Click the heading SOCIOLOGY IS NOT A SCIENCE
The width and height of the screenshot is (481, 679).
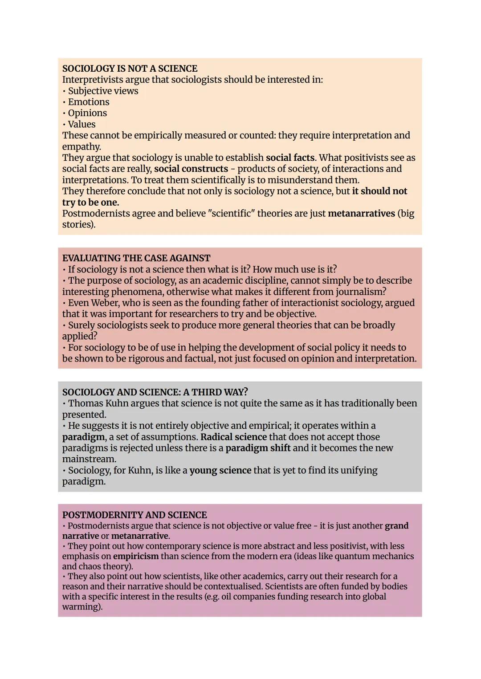[x=130, y=69]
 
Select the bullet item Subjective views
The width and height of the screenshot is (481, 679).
[x=103, y=91]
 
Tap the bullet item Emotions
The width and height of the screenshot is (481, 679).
[x=89, y=102]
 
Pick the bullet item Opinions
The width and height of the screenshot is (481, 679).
[x=87, y=113]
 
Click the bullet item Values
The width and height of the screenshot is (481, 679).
[x=82, y=124]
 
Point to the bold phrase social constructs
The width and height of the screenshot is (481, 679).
[x=191, y=169]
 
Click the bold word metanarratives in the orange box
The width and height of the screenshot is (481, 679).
[x=361, y=213]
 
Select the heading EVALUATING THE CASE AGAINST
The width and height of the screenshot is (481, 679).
[x=136, y=258]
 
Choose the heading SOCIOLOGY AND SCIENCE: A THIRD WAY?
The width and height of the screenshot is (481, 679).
[x=155, y=392]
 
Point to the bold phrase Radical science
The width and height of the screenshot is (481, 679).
[x=233, y=437]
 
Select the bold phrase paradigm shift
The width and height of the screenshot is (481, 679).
[x=258, y=448]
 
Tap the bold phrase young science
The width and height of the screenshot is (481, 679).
[x=220, y=470]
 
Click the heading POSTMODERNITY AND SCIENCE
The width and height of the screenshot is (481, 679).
[x=135, y=515]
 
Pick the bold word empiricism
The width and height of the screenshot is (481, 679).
[x=136, y=556]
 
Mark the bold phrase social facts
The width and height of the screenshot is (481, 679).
[x=290, y=158]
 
